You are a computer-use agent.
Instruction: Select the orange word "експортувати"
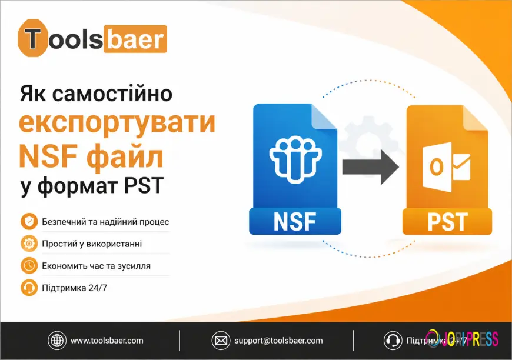pos(117,124)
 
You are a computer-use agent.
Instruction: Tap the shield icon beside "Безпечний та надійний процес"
pos(28,222)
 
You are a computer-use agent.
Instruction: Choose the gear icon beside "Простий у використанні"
pos(28,244)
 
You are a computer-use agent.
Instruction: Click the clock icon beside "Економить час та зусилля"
pos(28,265)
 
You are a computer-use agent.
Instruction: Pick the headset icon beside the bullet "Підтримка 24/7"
pos(28,288)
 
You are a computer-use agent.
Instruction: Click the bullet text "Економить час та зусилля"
pos(96,266)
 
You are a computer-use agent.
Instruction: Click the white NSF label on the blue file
pos(295,222)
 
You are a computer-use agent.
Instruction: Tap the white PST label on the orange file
pos(447,222)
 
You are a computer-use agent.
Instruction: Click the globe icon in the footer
pos(56,340)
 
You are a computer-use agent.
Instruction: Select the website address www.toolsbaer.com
pos(107,340)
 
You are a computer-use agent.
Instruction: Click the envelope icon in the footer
pos(220,340)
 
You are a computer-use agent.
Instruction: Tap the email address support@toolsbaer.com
pos(278,340)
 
